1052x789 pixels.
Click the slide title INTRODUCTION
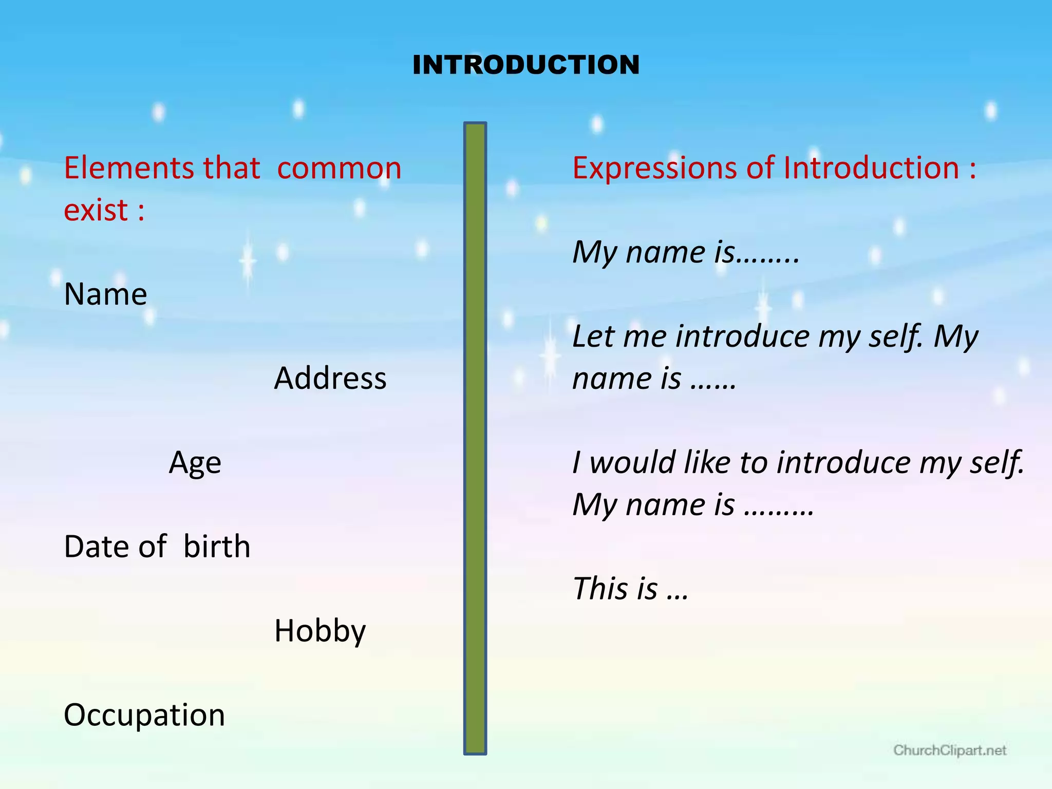click(x=526, y=65)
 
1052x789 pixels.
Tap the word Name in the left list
click(x=105, y=294)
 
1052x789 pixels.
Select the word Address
click(x=330, y=379)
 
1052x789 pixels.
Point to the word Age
click(x=195, y=463)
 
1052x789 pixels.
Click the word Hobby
click(x=320, y=631)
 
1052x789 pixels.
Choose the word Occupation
click(x=144, y=715)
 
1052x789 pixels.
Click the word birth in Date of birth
click(x=217, y=546)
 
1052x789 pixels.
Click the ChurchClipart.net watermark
click(x=949, y=750)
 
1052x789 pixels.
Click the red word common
click(x=339, y=168)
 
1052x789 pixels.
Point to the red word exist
click(x=96, y=211)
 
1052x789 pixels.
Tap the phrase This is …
click(x=630, y=589)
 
